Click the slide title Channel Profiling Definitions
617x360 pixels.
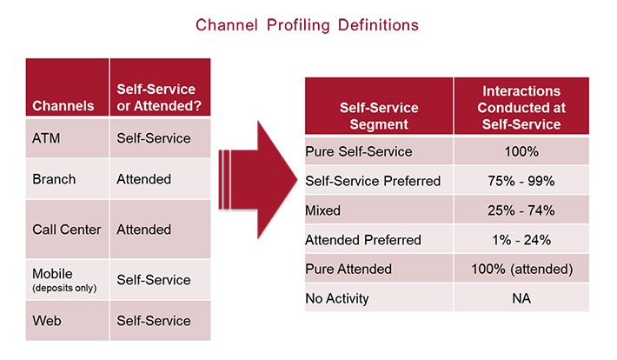point(307,24)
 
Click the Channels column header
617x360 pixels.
point(63,106)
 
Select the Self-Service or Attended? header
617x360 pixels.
point(156,97)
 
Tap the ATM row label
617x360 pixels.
point(46,137)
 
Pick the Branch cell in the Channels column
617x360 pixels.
point(54,179)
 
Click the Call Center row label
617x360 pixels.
point(67,230)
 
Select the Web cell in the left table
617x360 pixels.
point(46,320)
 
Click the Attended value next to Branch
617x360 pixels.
point(143,179)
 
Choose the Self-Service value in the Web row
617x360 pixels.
point(153,320)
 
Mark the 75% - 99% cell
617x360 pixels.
point(521,180)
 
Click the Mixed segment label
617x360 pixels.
point(323,210)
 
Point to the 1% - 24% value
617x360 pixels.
point(521,239)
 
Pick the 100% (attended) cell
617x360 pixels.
point(521,269)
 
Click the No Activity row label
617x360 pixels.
point(337,298)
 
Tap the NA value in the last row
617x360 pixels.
point(521,298)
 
